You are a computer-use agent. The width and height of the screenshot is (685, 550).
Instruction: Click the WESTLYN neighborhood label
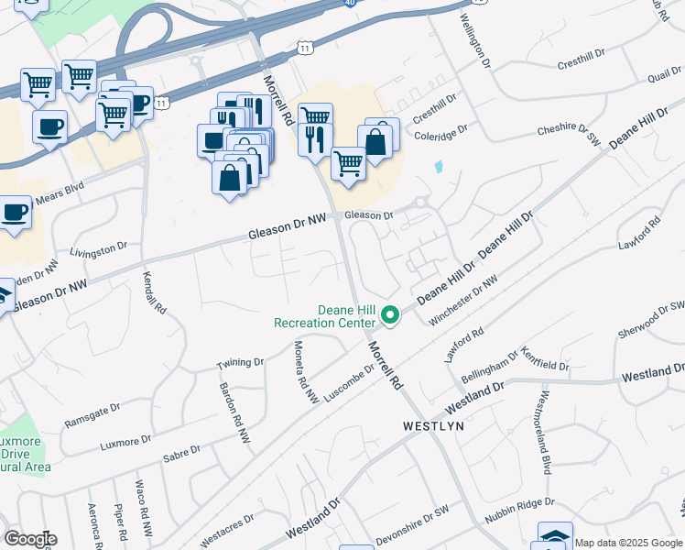(x=434, y=426)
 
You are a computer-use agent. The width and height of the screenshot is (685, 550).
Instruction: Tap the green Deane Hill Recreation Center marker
(x=390, y=316)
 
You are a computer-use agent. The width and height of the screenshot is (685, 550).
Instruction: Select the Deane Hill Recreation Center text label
(x=325, y=316)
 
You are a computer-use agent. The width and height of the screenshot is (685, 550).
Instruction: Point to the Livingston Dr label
(x=99, y=248)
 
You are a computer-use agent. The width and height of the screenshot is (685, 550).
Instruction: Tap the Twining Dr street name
(x=240, y=363)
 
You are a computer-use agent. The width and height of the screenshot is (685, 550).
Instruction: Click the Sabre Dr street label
(x=180, y=452)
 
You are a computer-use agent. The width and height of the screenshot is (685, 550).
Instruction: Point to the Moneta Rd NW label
(x=304, y=372)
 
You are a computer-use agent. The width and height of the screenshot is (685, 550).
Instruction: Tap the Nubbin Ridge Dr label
(x=519, y=511)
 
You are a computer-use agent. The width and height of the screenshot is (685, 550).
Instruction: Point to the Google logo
(x=29, y=539)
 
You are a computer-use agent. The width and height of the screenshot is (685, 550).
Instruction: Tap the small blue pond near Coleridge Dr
(x=439, y=168)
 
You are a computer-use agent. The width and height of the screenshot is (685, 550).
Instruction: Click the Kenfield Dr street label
(x=546, y=358)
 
